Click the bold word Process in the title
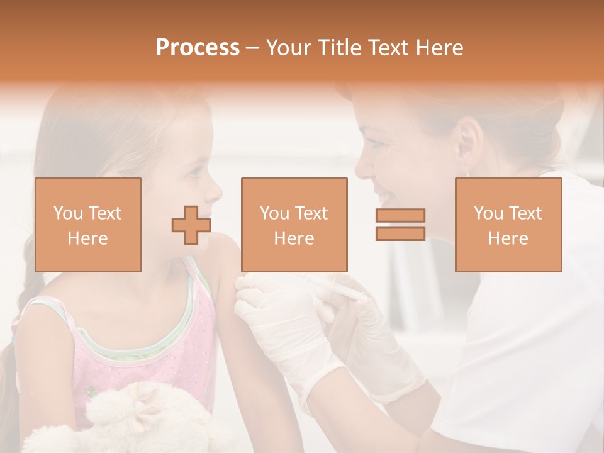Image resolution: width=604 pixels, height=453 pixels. [198, 48]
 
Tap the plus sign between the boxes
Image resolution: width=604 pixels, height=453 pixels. [191, 225]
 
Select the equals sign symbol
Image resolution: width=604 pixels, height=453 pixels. [400, 225]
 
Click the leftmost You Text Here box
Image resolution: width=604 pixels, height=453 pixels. [88, 225]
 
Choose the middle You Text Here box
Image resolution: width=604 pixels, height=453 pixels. [294, 225]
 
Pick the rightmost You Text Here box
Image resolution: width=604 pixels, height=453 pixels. [508, 225]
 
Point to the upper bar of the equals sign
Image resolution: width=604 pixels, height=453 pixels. [400, 216]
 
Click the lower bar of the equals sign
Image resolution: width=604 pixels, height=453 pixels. [400, 233]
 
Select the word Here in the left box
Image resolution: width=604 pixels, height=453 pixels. [88, 238]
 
